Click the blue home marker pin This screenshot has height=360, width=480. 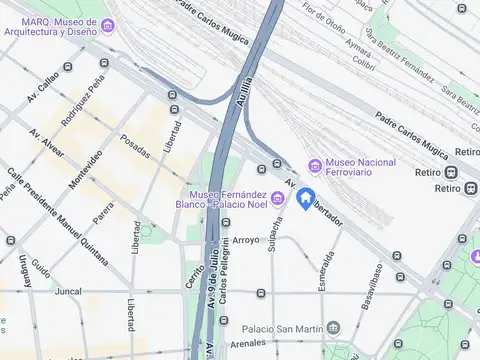[x=307, y=199]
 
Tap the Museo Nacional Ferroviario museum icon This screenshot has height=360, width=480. [x=316, y=164]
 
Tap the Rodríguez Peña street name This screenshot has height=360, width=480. [x=83, y=107]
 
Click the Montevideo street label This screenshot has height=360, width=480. [x=86, y=169]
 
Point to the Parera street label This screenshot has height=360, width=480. [x=103, y=213]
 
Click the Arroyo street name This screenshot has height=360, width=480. [x=246, y=240]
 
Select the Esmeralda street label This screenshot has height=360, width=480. [x=326, y=269]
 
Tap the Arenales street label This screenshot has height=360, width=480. [x=248, y=343]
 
